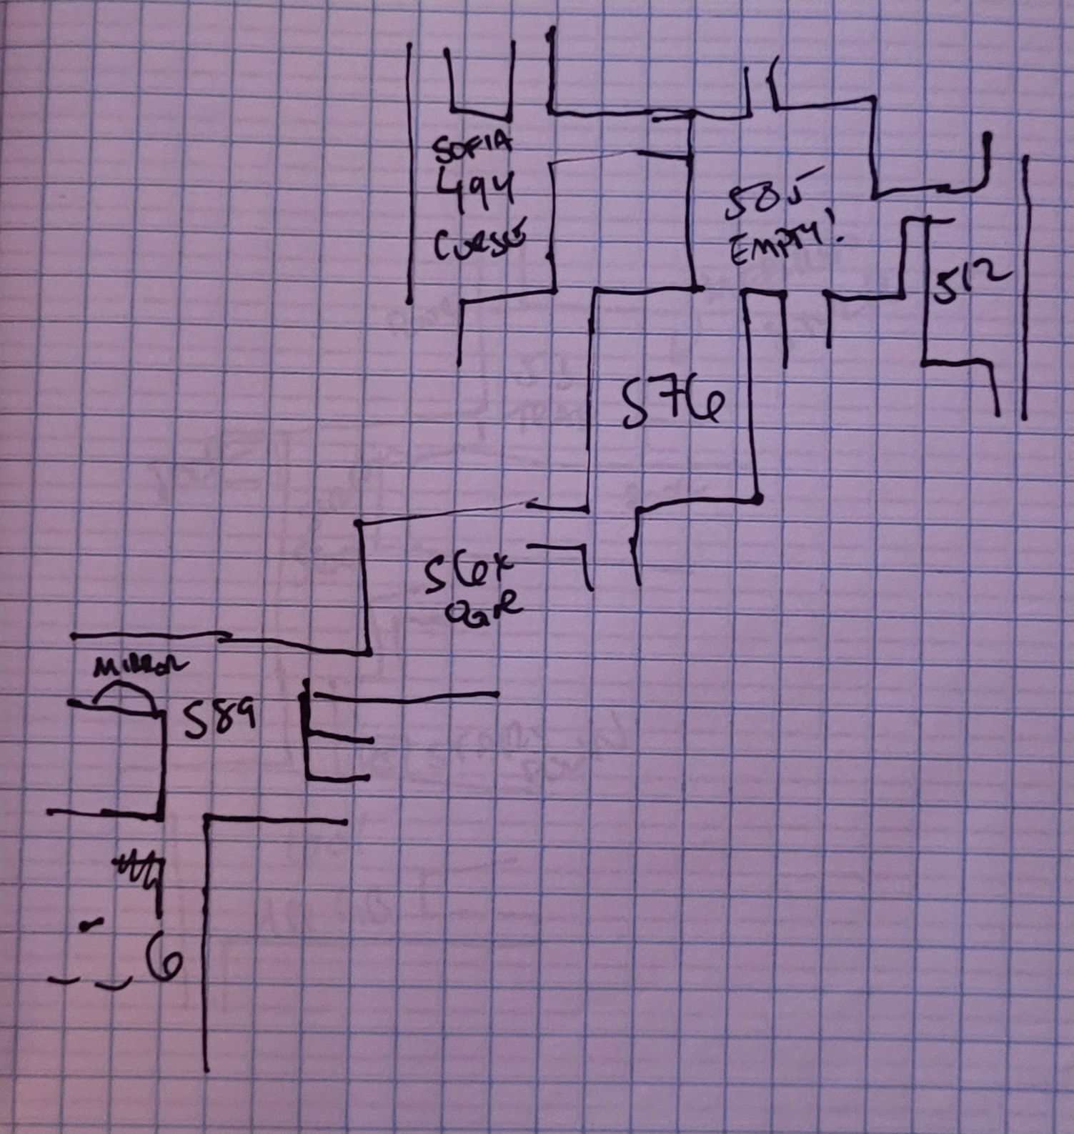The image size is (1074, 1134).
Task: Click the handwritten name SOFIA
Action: coord(472,146)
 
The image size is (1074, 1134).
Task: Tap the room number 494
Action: coord(475,189)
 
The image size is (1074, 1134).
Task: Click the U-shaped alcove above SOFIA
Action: coord(480,82)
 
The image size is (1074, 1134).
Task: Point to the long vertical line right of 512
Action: coord(1025,286)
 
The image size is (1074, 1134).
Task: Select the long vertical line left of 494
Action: coord(409,171)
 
